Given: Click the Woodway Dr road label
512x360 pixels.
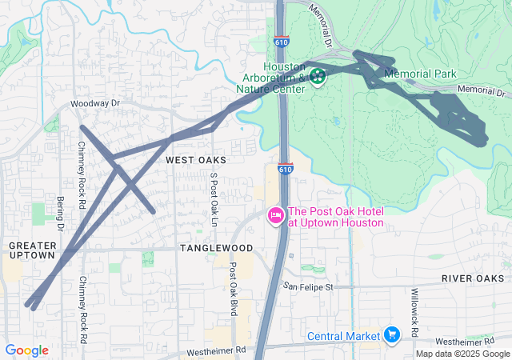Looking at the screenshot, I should coord(94,104).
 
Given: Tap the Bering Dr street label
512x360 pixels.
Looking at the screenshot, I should coord(60,213).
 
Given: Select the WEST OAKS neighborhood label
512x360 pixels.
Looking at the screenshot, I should coord(196,161).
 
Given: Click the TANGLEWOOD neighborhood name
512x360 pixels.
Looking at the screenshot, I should coord(216,248).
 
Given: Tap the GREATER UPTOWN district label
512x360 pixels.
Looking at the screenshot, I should coord(32,250).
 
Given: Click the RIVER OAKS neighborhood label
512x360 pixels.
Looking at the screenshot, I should coord(475,278).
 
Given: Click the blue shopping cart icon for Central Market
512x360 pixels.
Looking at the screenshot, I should coord(391,333).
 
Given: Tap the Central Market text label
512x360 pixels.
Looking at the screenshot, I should coord(344,335).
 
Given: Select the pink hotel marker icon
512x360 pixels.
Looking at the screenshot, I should coord(275,215).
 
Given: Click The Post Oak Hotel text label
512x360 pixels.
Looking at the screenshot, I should coord(336,217).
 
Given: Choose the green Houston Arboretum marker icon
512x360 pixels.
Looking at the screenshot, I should coord(318,77).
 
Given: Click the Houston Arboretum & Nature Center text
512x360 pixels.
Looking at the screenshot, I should coord(274,78).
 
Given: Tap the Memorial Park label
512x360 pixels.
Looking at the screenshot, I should coord(420,74).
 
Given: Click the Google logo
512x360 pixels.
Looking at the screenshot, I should coord(26,350).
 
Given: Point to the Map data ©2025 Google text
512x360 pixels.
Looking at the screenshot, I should coord(462,354).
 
